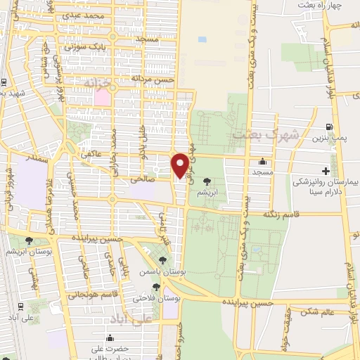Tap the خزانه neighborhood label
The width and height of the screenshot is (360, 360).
(x=98, y=83)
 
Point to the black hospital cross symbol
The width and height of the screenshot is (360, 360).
(x=325, y=171)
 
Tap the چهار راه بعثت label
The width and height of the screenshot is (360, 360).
(x=334, y=6)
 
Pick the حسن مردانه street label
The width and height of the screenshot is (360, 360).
(x=150, y=79)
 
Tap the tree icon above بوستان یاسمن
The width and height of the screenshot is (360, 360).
(x=162, y=262)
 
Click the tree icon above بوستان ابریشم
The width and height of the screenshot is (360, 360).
(x=29, y=240)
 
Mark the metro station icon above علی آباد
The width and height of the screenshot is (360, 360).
(x=21, y=307)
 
